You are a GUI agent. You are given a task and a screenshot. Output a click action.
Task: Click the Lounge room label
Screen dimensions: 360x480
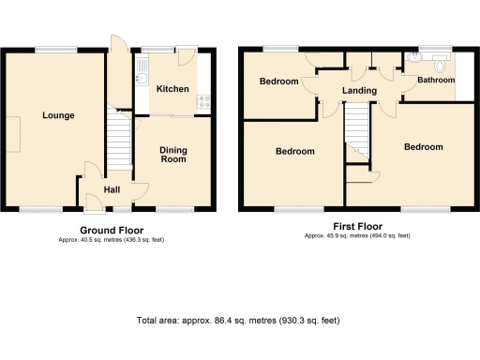(57, 115)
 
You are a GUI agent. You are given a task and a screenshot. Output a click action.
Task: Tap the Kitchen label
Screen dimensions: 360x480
(172, 89)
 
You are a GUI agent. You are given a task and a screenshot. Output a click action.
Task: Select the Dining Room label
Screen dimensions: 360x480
(172, 155)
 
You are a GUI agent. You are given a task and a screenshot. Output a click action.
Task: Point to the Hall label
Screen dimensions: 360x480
(112, 190)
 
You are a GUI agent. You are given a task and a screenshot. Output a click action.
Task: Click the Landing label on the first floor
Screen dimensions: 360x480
(360, 91)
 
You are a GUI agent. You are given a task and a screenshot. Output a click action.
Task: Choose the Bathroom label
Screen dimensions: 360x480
(436, 81)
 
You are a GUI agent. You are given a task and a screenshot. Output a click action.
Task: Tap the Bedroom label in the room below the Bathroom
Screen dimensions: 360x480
(423, 147)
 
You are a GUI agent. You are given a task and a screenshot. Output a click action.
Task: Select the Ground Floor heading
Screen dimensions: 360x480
(111, 230)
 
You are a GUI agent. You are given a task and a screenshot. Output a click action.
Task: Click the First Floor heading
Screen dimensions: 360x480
(357, 226)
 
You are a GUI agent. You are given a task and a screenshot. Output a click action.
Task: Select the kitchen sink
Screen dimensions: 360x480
(142, 67)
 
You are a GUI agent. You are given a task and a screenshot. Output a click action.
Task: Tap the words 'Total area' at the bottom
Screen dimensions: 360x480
(158, 321)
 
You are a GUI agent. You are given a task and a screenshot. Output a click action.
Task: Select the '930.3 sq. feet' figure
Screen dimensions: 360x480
(308, 321)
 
